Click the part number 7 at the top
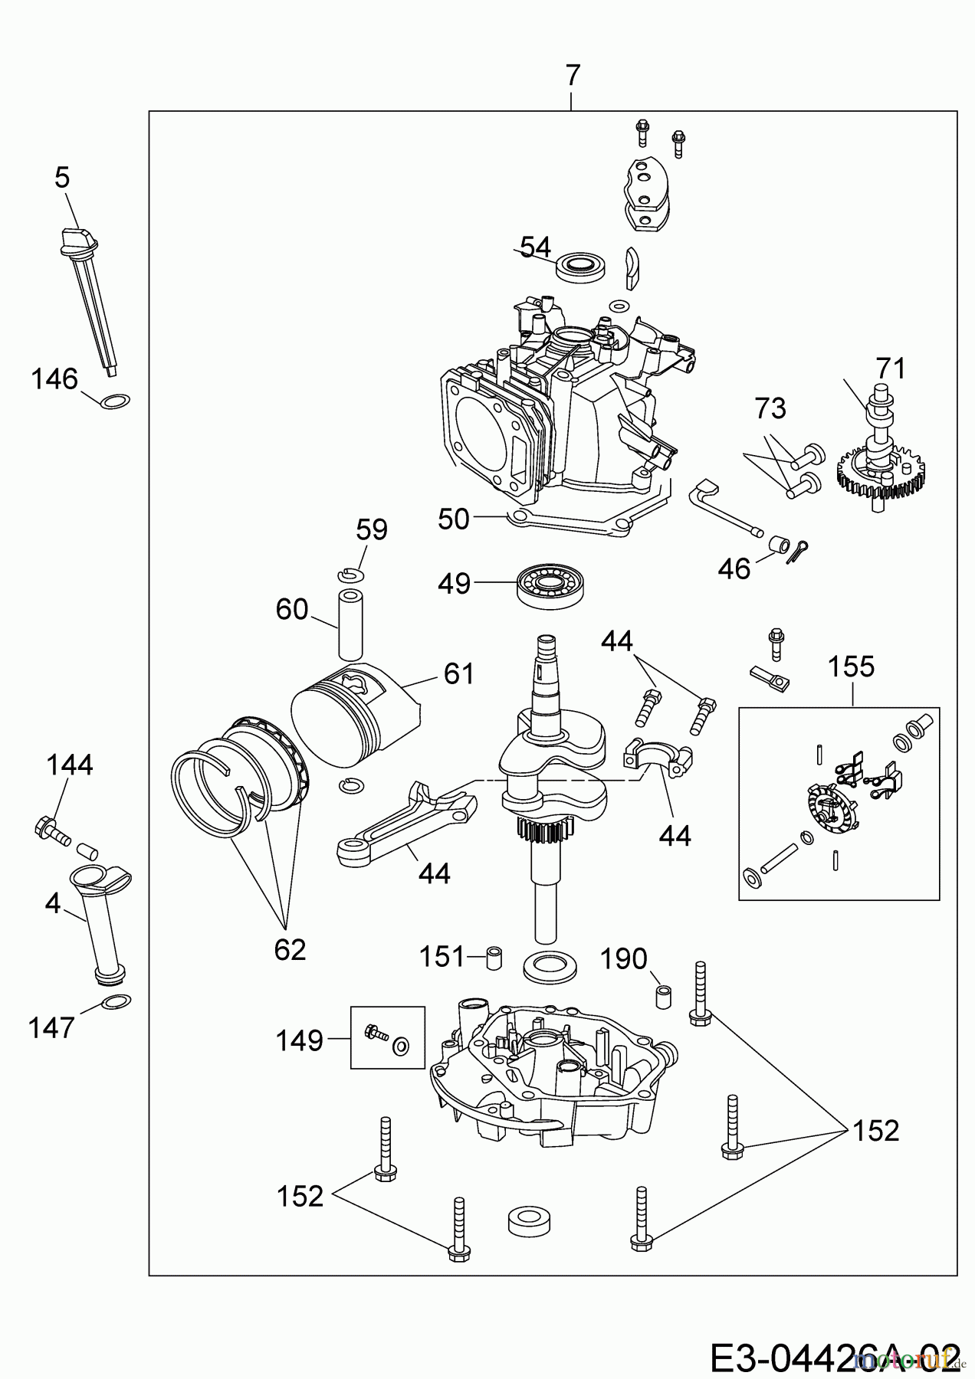pos(573,76)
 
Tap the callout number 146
pos(54,378)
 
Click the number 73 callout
pos(770,408)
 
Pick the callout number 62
pos(290,950)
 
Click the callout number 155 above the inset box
pos(851,667)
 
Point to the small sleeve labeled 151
pos(495,957)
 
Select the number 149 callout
pos(299,1040)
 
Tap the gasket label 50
pos(453,519)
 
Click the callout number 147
pos(51,1027)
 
